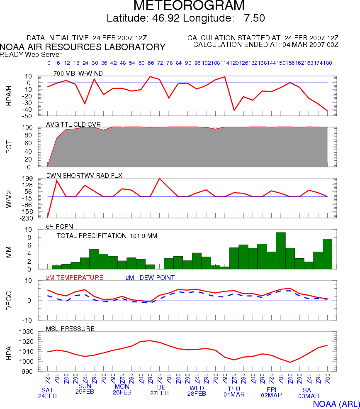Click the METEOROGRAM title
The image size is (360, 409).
click(x=190, y=6)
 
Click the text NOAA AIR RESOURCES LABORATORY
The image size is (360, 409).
click(x=83, y=47)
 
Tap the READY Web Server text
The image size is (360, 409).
click(x=31, y=54)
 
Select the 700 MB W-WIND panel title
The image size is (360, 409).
click(x=78, y=73)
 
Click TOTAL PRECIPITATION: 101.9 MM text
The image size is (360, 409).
click(x=107, y=236)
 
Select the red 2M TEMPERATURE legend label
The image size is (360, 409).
click(x=75, y=277)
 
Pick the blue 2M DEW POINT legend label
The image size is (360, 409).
click(x=150, y=277)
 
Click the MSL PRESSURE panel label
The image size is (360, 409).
click(x=71, y=329)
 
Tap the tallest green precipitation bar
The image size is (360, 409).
click(x=281, y=250)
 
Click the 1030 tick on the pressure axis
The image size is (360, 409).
click(x=25, y=332)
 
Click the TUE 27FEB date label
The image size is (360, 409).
click(x=159, y=390)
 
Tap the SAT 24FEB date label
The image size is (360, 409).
click(x=47, y=393)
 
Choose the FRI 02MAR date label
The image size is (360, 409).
click(x=271, y=393)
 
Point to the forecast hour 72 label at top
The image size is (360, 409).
click(x=160, y=63)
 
